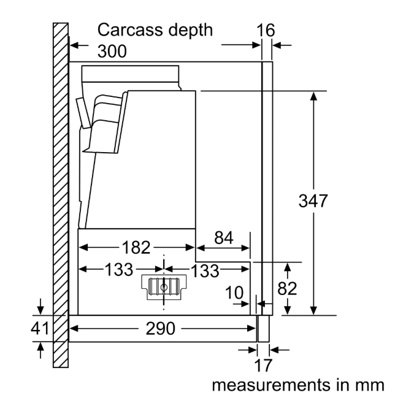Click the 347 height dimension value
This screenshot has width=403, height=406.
pos(313,201)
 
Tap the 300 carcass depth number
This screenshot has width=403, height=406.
pos(112,52)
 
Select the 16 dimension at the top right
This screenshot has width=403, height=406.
pos(266,30)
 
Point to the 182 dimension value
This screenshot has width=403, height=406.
pos(135,247)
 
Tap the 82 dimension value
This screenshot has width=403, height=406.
pos(286,288)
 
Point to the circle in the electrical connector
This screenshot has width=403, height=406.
pos(164,285)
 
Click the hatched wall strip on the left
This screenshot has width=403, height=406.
pos(60,196)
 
